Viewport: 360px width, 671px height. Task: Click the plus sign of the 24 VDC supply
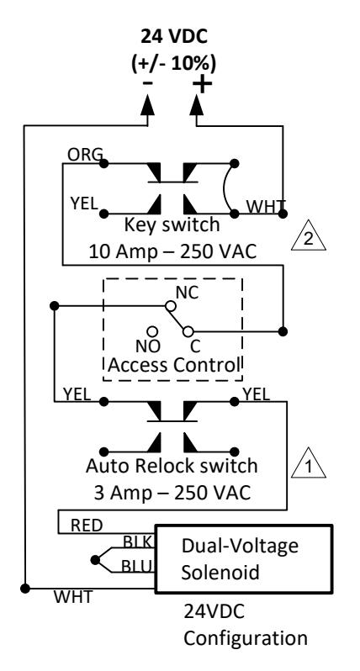tap(202, 84)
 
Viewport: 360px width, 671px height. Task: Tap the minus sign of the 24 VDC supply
tap(147, 82)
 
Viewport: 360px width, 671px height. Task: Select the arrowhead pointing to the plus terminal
tap(197, 104)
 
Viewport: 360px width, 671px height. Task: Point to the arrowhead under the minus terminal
tap(148, 104)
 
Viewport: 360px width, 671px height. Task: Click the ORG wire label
tap(85, 155)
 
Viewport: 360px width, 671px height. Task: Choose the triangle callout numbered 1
tap(308, 462)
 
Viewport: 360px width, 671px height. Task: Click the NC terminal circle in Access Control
tap(171, 306)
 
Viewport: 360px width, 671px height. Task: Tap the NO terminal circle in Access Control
tap(152, 331)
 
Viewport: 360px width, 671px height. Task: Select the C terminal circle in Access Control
tap(188, 331)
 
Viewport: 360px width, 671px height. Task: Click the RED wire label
tap(87, 525)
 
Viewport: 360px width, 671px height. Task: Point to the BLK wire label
tap(137, 542)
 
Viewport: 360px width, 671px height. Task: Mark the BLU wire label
tap(136, 566)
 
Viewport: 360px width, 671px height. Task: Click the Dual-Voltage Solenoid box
tap(244, 559)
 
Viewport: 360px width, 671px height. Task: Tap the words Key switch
tap(172, 225)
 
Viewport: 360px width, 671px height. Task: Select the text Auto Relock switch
tap(172, 466)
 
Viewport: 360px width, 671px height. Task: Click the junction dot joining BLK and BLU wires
tap(95, 560)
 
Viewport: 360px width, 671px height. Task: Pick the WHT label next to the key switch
tap(266, 207)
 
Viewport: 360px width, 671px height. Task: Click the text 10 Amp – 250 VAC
tap(172, 251)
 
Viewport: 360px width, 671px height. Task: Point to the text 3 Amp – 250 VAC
tap(172, 493)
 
